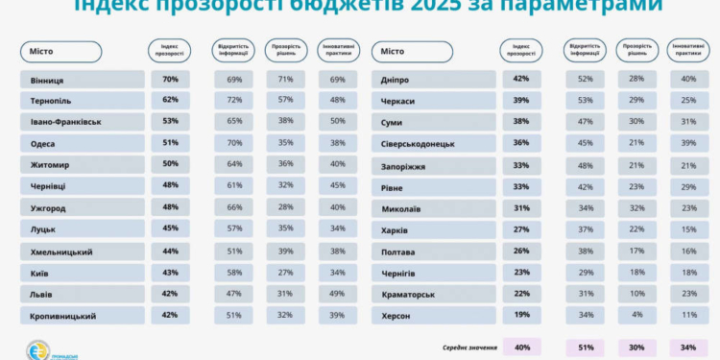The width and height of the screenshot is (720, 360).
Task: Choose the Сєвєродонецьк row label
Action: (418, 143)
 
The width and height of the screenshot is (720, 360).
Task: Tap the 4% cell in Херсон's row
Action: (635, 315)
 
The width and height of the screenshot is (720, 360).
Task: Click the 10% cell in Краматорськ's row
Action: (635, 293)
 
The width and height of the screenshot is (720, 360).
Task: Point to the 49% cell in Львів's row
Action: (337, 293)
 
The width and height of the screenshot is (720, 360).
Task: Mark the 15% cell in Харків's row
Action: (688, 229)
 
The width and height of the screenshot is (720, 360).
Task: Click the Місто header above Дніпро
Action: (394, 51)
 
